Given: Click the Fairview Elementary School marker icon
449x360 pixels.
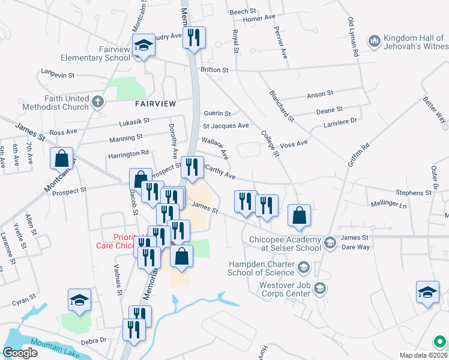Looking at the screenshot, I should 144,45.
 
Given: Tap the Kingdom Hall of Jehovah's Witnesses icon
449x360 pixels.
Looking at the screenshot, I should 375,41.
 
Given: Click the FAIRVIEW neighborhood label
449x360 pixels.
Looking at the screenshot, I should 155,104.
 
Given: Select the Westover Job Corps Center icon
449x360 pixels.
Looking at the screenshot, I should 319,289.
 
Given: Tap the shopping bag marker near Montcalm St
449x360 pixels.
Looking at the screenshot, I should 61,159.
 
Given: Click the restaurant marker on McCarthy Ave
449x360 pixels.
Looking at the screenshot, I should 192,167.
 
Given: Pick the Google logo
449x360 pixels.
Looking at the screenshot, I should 20,353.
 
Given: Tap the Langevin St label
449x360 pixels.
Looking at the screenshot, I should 58,76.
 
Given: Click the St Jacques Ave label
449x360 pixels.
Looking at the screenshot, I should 226,126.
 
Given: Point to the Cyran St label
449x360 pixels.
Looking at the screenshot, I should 24,299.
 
